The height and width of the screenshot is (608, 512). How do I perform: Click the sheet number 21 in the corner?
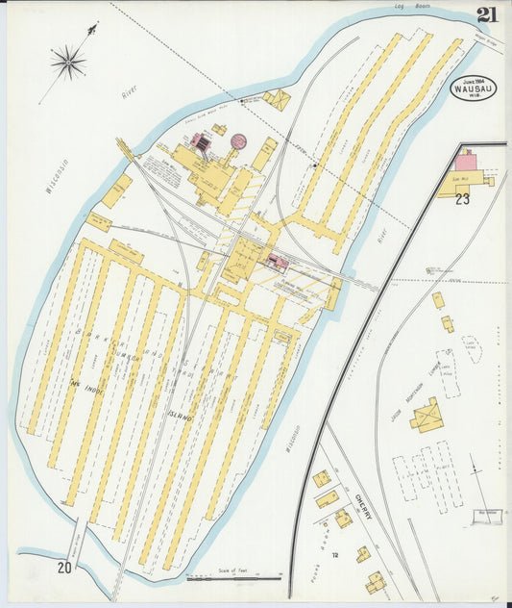[487, 13]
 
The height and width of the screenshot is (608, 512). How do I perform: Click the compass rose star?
[68, 63]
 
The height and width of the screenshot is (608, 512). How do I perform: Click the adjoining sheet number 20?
[64, 568]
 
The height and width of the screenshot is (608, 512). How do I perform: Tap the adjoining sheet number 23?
[463, 199]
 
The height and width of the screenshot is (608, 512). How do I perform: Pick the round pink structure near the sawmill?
[238, 142]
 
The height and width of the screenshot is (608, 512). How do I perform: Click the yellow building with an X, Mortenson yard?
[427, 416]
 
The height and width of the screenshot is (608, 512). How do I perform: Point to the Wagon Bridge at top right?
[489, 41]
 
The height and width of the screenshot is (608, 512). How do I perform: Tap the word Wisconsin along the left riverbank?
[57, 176]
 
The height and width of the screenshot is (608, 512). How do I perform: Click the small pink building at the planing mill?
[278, 261]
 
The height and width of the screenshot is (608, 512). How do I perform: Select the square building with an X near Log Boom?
[277, 99]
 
